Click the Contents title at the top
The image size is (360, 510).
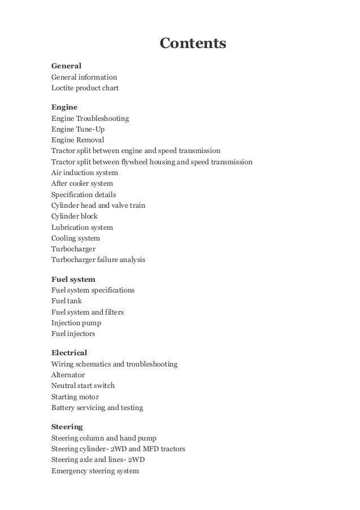tap(192, 43)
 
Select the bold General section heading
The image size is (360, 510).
tap(67, 66)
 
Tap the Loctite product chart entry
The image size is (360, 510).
tap(85, 88)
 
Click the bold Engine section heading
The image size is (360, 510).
tap(64, 107)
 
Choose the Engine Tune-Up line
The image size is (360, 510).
tap(78, 129)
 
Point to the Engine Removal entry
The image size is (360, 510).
tap(78, 140)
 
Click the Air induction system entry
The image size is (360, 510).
tap(85, 173)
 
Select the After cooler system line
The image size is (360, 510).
tap(82, 184)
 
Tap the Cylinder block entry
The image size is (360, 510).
tap(74, 216)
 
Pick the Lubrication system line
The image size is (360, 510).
tap(82, 227)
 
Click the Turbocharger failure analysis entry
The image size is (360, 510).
tap(98, 260)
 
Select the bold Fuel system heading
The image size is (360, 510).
tap(73, 279)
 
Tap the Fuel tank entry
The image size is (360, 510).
tap(67, 301)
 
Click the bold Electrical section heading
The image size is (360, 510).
tap(69, 353)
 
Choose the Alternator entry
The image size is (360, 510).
tap(68, 375)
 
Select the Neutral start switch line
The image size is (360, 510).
tap(83, 386)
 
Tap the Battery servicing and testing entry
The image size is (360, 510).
tap(97, 408)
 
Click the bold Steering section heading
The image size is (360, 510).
tap(67, 426)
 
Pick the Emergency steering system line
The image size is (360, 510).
tap(95, 470)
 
